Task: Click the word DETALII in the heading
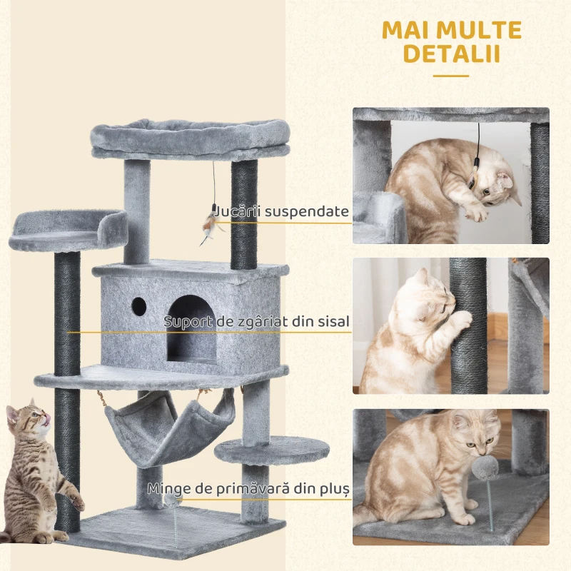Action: (450, 55)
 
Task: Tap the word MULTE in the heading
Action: (482, 31)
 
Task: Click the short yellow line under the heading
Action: (450, 75)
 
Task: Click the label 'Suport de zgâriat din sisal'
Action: (257, 322)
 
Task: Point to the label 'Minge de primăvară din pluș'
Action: (248, 489)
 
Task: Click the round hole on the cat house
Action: (138, 307)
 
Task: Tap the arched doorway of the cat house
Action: (192, 328)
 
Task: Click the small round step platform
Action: (272, 450)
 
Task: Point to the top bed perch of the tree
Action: (191, 138)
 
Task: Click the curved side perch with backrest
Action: (69, 230)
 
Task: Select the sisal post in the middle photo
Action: (468, 325)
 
